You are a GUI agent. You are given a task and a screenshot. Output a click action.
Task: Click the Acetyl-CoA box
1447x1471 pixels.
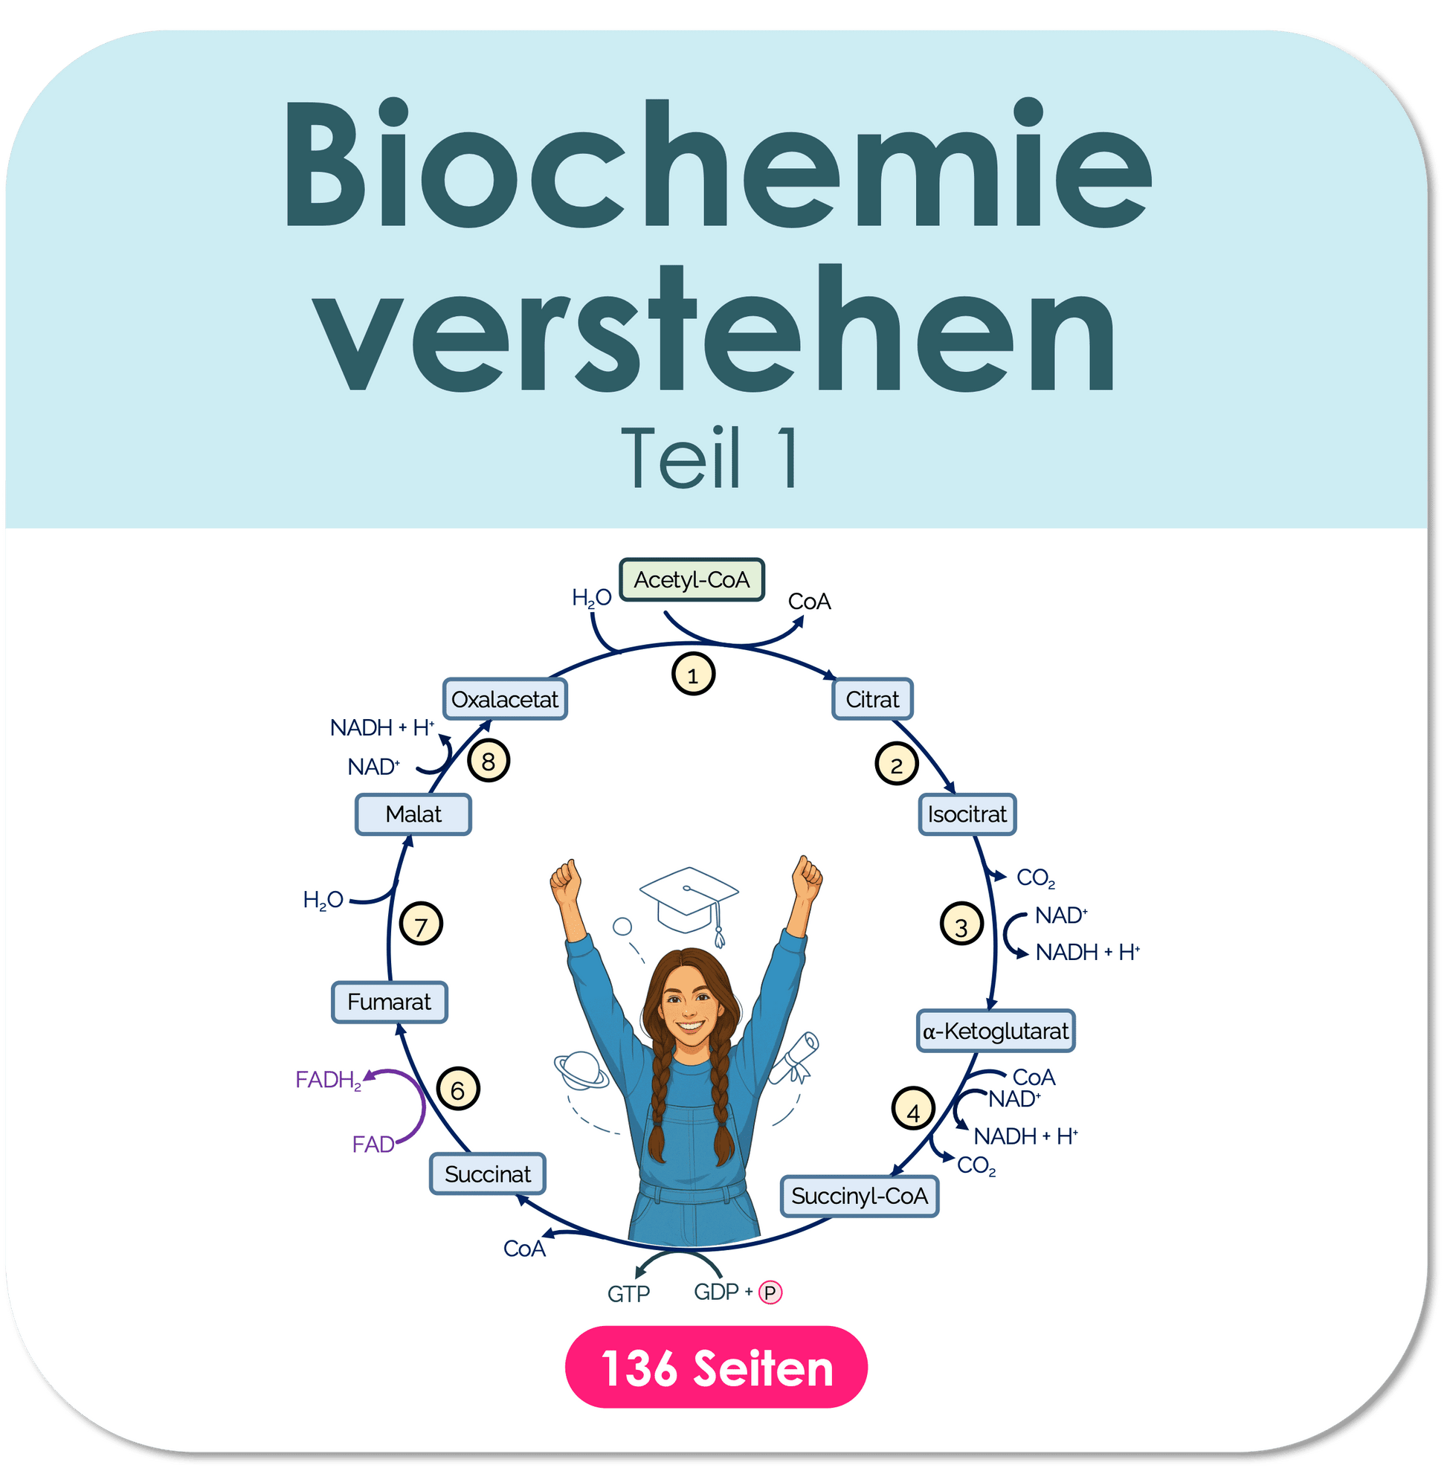click(692, 580)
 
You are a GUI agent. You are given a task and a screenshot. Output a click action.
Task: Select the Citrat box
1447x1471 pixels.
click(872, 699)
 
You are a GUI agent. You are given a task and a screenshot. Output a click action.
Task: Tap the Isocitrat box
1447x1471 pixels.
click(967, 815)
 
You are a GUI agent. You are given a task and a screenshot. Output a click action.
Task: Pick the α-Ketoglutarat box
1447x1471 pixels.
click(996, 1031)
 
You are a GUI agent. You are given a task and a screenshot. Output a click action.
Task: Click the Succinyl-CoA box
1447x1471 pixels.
click(860, 1197)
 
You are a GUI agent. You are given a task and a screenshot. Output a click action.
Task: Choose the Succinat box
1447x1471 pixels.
click(488, 1174)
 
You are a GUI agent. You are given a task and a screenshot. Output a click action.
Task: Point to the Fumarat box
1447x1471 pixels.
click(389, 1002)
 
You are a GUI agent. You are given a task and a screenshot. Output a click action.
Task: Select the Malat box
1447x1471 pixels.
click(413, 815)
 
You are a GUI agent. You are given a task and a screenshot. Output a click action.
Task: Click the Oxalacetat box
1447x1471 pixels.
click(506, 699)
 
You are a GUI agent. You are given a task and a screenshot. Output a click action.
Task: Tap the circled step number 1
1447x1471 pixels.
click(693, 675)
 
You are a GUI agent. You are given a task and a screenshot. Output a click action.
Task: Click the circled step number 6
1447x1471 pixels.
click(458, 1089)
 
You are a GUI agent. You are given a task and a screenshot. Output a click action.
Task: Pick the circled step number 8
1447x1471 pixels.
click(489, 761)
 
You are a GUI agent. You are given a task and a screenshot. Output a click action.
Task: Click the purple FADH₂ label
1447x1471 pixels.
click(329, 1081)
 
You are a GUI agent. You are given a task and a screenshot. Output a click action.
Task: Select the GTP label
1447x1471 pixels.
click(628, 1294)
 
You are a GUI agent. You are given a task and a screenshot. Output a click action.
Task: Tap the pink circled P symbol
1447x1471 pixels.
click(770, 1293)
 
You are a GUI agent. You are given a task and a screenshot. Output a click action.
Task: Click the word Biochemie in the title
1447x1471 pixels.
click(718, 163)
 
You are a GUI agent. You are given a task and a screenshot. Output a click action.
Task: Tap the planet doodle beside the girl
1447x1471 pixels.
click(581, 1070)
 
